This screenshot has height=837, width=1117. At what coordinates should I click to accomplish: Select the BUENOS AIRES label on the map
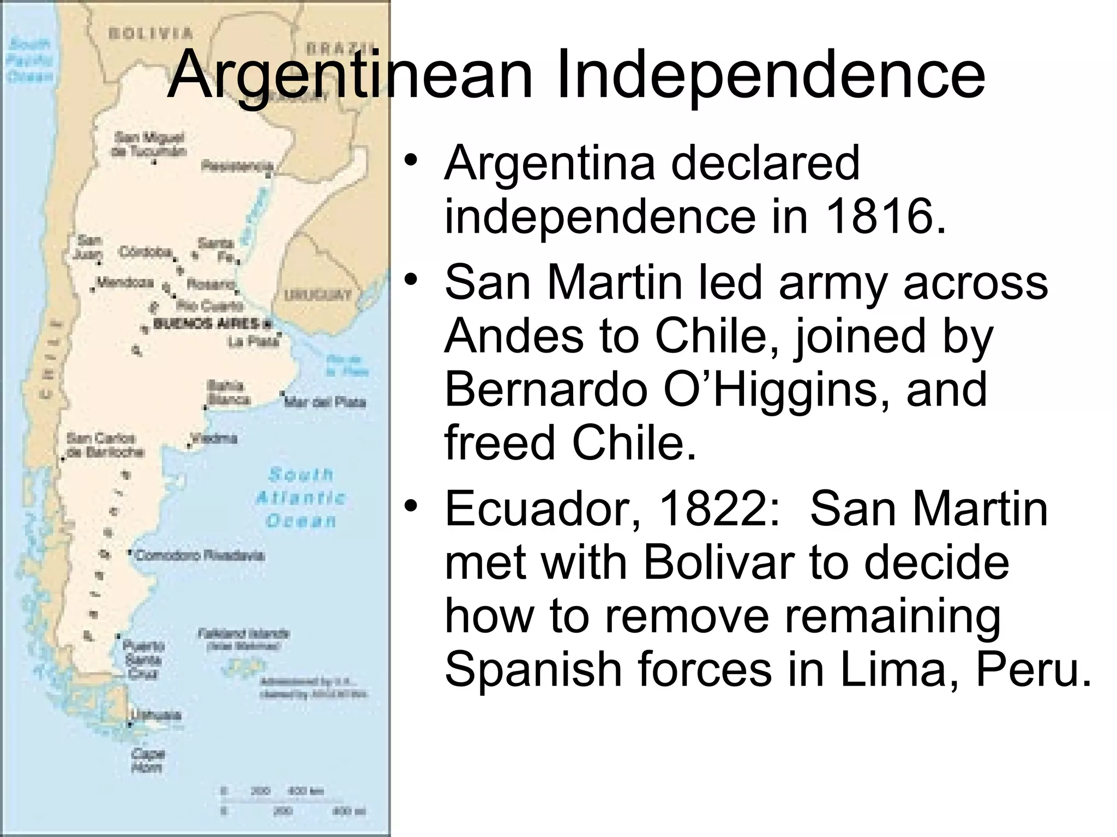coord(207,324)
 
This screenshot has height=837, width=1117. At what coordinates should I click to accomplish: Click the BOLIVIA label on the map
coord(151,33)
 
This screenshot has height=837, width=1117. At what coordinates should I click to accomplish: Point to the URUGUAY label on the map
coord(318,295)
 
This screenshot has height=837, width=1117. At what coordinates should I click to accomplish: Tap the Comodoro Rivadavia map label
coord(200,556)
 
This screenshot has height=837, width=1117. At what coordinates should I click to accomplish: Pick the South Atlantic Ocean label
coord(301,498)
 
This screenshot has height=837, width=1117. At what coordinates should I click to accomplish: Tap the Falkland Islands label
coord(243,635)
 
